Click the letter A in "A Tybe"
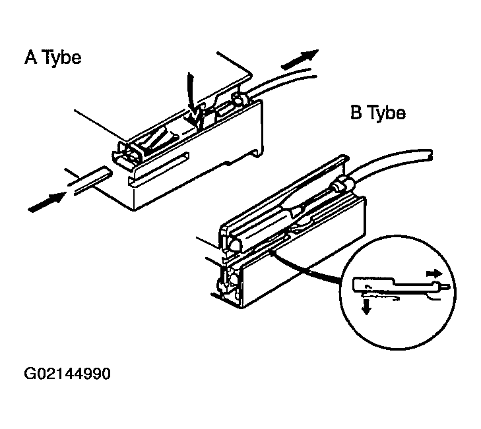(30, 57)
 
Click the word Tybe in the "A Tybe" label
(62, 58)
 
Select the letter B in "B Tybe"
(356, 112)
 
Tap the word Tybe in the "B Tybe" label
(387, 113)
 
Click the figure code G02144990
(67, 374)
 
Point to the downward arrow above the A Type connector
(192, 98)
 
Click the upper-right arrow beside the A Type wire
(300, 59)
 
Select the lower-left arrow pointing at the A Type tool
(47, 202)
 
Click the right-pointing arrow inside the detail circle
(434, 273)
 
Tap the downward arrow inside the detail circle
(366, 306)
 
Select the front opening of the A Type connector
(128, 155)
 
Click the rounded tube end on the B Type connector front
(234, 244)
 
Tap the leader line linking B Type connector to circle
(307, 267)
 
